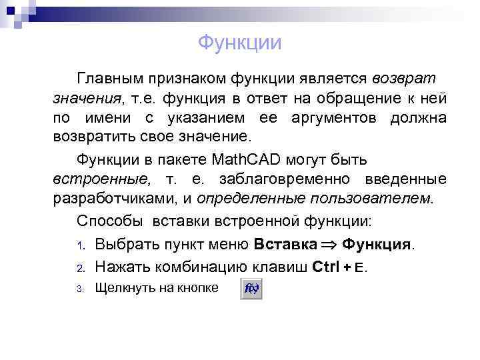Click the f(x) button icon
251,289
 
